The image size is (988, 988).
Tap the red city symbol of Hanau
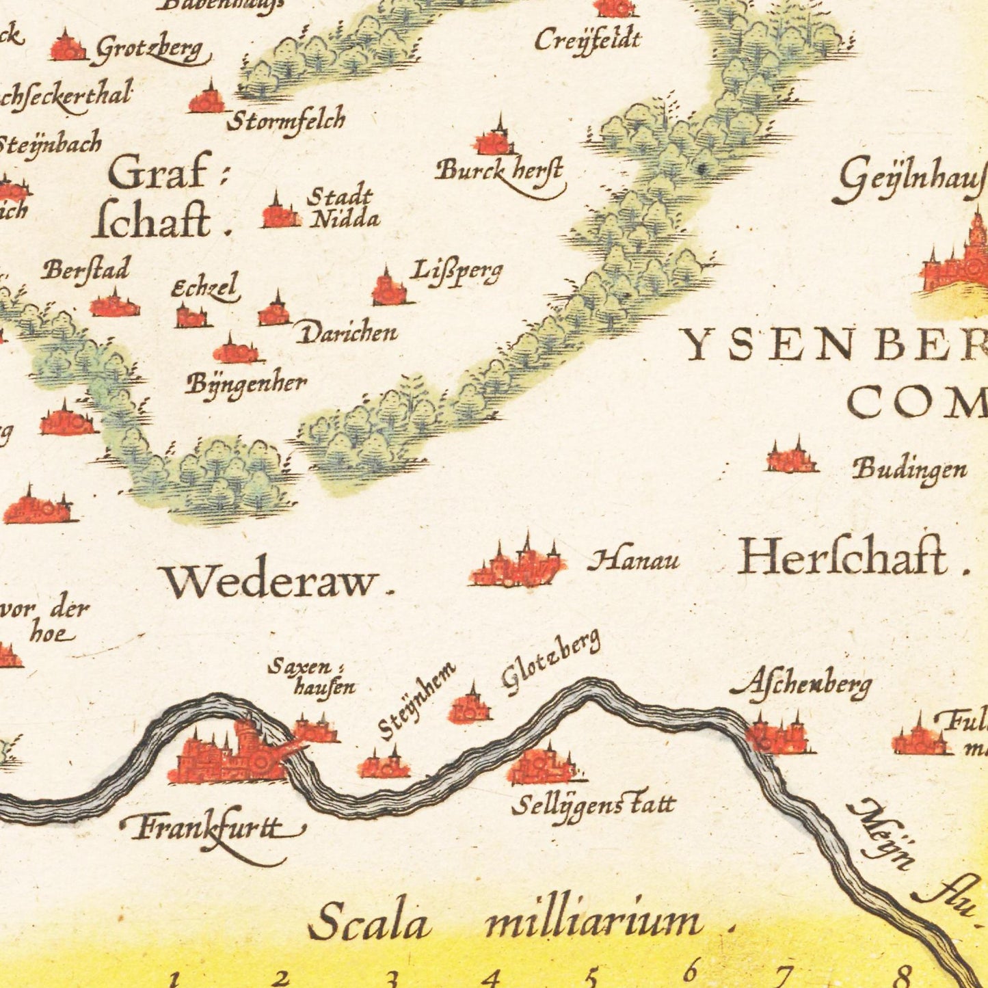click(x=518, y=567)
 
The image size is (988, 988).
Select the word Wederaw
click(x=271, y=582)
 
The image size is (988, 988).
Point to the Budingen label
click(x=909, y=470)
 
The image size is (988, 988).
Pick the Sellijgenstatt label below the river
click(x=593, y=805)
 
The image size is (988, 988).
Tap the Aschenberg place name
click(x=801, y=682)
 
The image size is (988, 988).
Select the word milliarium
click(x=593, y=922)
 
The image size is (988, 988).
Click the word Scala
click(x=369, y=922)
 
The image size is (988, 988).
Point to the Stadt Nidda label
click(x=341, y=208)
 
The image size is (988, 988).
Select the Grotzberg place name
click(x=150, y=50)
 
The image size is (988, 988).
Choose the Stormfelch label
click(x=286, y=121)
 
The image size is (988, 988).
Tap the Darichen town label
click(x=347, y=334)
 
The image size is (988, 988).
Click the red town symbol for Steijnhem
click(x=383, y=766)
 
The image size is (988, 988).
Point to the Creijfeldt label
click(x=587, y=40)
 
